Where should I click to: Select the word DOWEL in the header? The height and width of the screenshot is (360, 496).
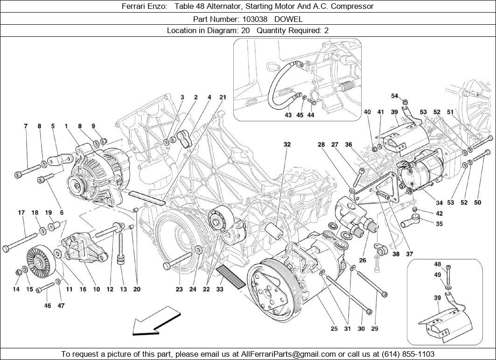pyautogui.click(x=288, y=19)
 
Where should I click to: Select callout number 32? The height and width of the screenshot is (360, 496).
pyautogui.click(x=287, y=145)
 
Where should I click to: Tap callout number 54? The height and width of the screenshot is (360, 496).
pyautogui.click(x=395, y=96)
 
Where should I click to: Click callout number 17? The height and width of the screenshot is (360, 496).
pyautogui.click(x=21, y=213)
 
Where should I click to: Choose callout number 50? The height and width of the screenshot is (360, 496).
pyautogui.click(x=477, y=202)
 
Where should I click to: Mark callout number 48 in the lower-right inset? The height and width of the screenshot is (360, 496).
pyautogui.click(x=438, y=264)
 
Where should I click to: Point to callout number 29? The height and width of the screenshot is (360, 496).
pyautogui.click(x=374, y=329)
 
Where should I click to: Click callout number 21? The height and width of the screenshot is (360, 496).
pyautogui.click(x=223, y=97)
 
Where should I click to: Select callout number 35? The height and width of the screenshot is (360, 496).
pyautogui.click(x=439, y=224)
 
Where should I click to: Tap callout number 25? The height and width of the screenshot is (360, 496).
pyautogui.click(x=334, y=329)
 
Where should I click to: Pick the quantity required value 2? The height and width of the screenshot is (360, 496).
pyautogui.click(x=326, y=31)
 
